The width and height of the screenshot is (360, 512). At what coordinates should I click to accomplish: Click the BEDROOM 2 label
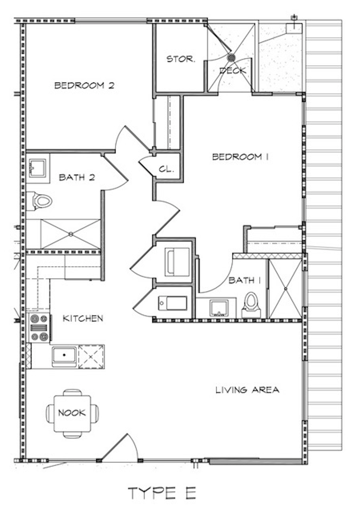(84, 85)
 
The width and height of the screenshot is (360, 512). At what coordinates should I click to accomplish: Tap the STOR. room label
(181, 59)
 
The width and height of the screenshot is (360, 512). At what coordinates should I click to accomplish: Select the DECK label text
(233, 71)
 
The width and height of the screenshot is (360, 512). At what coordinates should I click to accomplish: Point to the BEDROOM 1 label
(240, 157)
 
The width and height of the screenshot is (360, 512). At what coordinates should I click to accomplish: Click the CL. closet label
(166, 169)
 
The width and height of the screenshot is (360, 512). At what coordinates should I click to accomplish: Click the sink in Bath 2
(38, 168)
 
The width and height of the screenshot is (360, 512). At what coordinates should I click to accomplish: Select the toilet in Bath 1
(251, 305)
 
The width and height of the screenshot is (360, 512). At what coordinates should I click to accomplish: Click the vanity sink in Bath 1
(219, 308)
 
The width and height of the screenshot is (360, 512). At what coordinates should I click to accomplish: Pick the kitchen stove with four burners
(39, 328)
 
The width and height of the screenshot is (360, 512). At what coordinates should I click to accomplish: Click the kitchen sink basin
(64, 355)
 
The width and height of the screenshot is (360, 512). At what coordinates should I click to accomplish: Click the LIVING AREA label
(247, 390)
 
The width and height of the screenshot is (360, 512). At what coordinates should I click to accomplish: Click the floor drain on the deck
(231, 58)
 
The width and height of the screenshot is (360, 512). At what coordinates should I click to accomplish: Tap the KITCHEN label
(83, 318)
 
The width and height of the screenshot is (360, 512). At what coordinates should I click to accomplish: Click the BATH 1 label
(245, 280)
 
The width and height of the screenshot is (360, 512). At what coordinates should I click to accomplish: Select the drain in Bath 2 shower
(71, 234)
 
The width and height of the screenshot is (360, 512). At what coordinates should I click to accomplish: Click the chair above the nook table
(72, 392)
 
